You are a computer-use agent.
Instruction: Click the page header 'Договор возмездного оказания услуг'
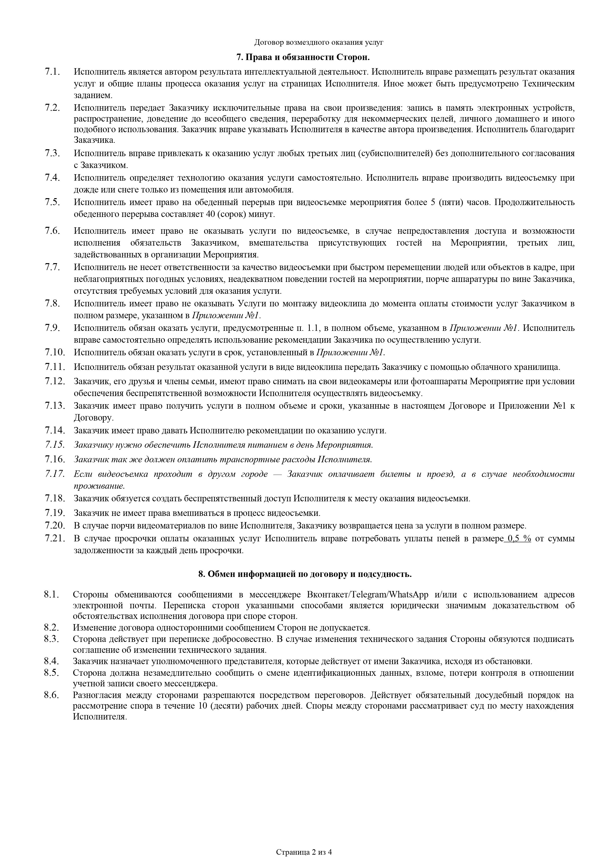pyautogui.click(x=319, y=42)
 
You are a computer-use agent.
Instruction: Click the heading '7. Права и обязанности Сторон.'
pyautogui.click(x=303, y=57)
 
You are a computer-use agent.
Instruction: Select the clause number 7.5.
pyautogui.click(x=52, y=202)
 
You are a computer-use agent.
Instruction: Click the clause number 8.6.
pyautogui.click(x=51, y=695)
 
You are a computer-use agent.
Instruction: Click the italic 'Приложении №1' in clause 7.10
pyautogui.click(x=350, y=353)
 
